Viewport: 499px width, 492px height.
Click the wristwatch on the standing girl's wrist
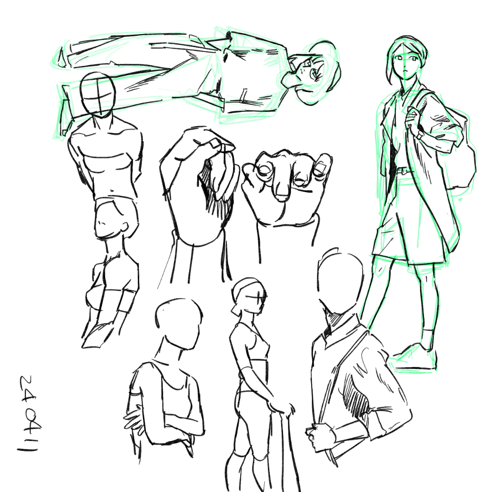coord(421,135)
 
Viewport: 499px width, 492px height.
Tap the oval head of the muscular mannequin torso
coord(97,94)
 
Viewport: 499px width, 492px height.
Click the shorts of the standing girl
coord(410,220)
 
